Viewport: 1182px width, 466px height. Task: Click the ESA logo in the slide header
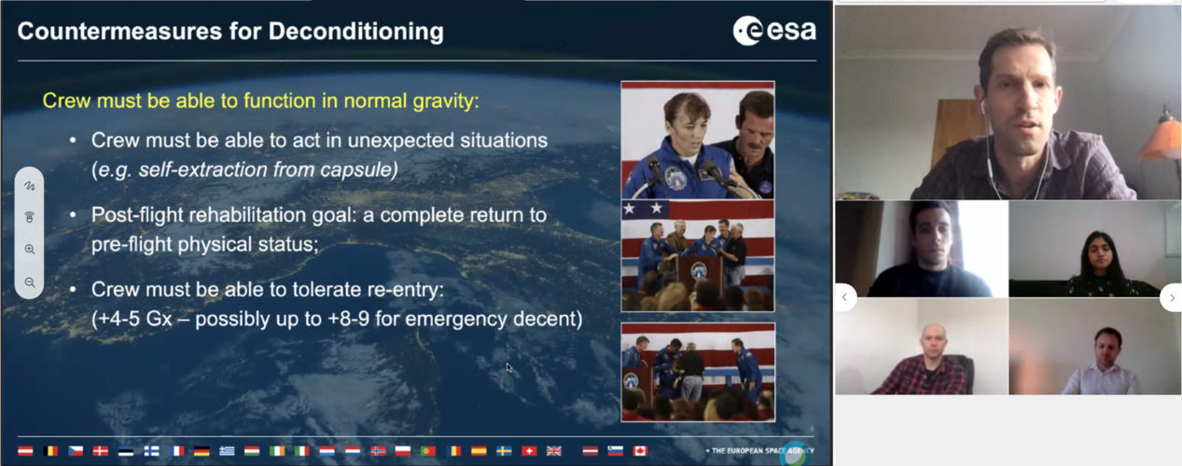774,31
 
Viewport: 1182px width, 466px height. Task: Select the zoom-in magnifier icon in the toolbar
30,250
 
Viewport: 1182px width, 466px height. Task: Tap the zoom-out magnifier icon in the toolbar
30,282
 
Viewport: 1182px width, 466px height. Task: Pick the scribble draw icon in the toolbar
30,185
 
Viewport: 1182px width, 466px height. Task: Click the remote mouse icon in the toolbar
30,217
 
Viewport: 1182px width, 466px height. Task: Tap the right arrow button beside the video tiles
1171,297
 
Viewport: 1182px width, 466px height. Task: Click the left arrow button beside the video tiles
845,297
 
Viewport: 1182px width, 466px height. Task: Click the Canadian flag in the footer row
640,451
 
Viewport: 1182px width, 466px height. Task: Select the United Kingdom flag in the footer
554,451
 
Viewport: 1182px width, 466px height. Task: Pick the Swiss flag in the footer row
529,451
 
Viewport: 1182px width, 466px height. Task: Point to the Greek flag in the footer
227,451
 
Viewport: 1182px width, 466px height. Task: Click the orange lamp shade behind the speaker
1161,140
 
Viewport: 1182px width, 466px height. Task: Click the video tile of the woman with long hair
1094,249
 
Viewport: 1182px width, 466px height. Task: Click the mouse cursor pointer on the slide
508,367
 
